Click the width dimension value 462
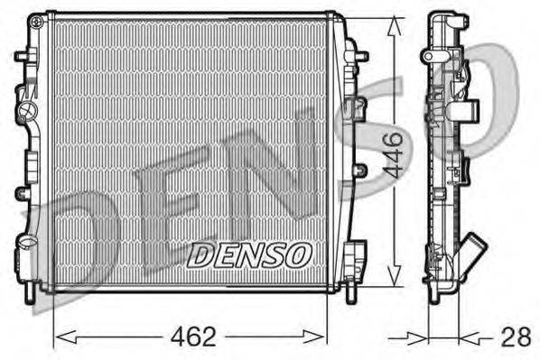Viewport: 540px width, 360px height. [193, 337]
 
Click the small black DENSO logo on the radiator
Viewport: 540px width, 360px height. [249, 254]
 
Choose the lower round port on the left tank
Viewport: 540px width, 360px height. [25, 244]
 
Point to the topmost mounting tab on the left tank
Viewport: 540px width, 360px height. [21, 56]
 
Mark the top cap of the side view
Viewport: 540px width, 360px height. [442, 17]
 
